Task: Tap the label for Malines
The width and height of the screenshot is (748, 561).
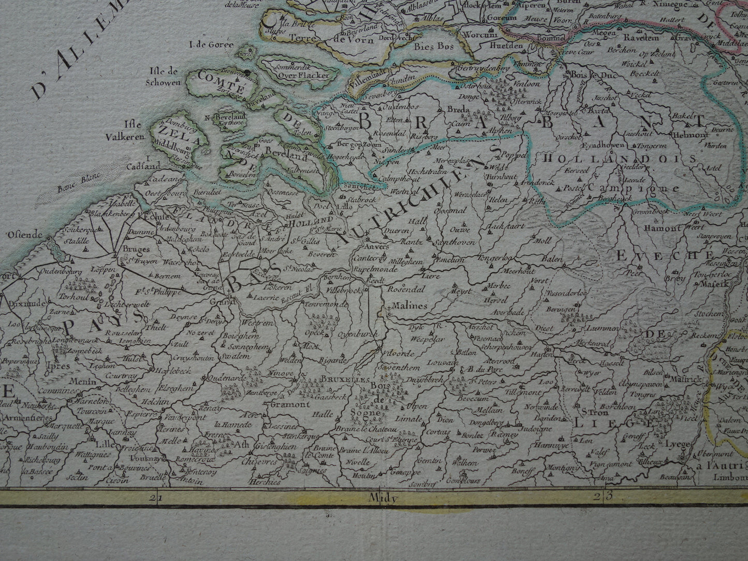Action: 409,306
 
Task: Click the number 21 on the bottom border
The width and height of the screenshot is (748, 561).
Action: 154,498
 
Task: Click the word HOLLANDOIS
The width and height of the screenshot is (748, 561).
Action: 619,160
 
